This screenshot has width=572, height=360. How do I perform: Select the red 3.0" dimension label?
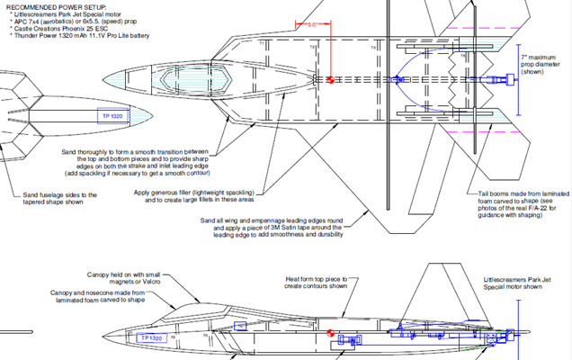click(x=312, y=25)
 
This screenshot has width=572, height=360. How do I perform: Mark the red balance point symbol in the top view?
click(x=330, y=79)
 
